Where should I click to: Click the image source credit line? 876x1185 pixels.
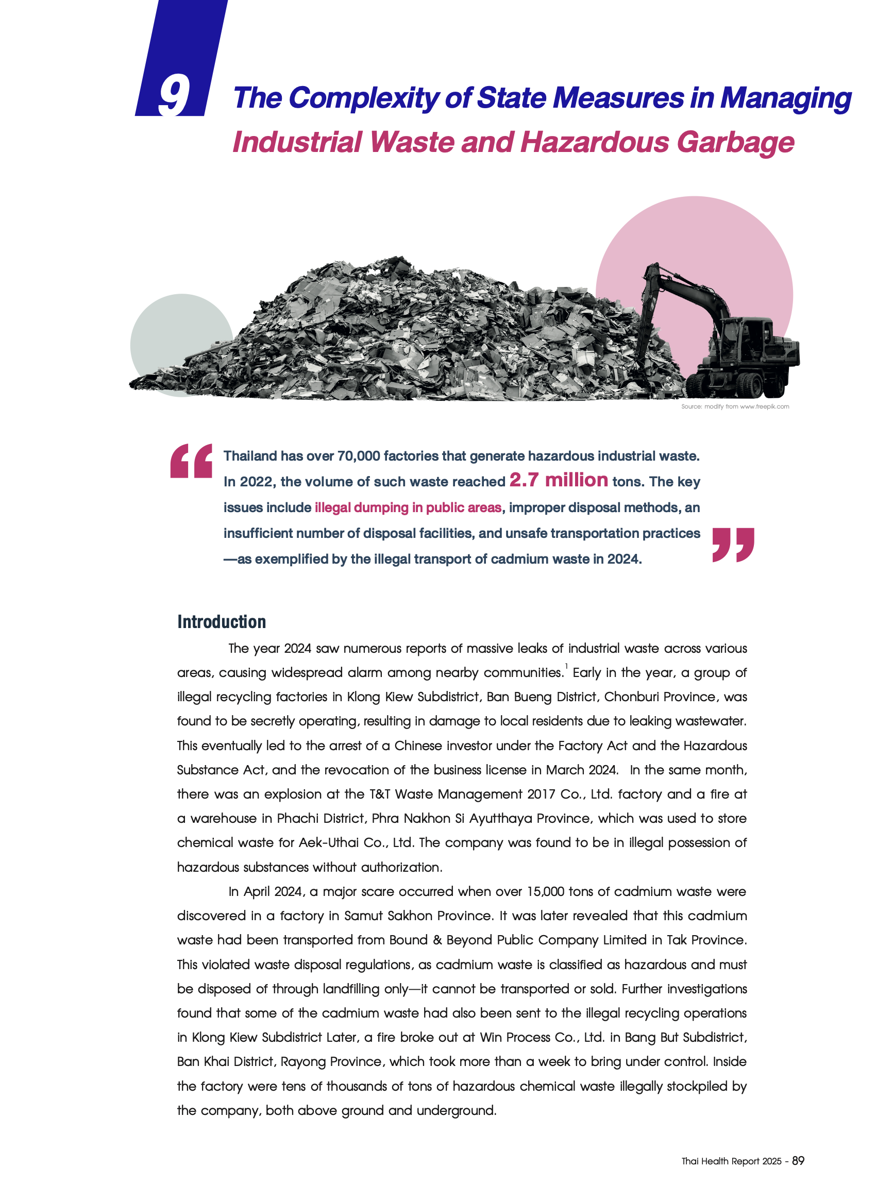pos(734,407)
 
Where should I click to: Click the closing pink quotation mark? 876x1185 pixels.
pos(733,544)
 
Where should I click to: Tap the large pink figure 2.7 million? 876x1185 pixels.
pos(559,480)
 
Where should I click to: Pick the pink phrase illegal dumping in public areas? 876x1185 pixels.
pos(408,507)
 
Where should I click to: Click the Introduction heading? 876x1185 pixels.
pos(222,622)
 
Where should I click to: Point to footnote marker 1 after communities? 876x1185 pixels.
pos(566,666)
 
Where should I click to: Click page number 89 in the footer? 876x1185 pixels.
pos(798,1161)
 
